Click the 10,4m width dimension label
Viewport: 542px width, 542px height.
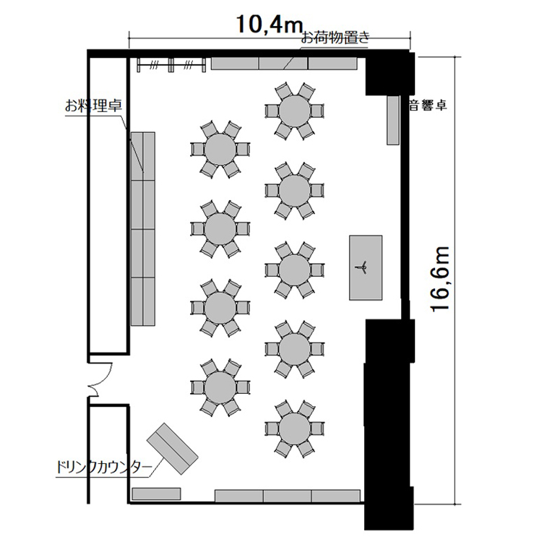(270, 25)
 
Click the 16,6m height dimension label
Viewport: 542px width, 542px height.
(439, 279)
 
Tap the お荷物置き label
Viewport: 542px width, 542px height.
(335, 38)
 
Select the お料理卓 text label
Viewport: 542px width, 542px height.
(93, 106)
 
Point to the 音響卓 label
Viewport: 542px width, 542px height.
(428, 105)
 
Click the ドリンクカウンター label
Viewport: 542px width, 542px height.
(104, 468)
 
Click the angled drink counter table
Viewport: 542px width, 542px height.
(172, 449)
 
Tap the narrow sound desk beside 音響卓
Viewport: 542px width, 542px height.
(393, 120)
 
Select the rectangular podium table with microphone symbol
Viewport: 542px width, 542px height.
(366, 267)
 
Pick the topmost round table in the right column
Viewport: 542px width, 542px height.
(295, 111)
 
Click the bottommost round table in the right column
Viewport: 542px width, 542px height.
(295, 429)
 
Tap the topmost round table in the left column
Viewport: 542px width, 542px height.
(220, 150)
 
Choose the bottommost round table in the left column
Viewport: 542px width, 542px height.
(220, 387)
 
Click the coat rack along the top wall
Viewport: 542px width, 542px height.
(171, 64)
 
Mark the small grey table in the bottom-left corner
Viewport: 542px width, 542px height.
(157, 494)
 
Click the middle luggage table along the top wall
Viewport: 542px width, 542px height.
(283, 64)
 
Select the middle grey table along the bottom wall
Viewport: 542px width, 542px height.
(288, 496)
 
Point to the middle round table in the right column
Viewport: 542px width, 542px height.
(295, 270)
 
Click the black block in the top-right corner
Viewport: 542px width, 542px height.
(390, 73)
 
